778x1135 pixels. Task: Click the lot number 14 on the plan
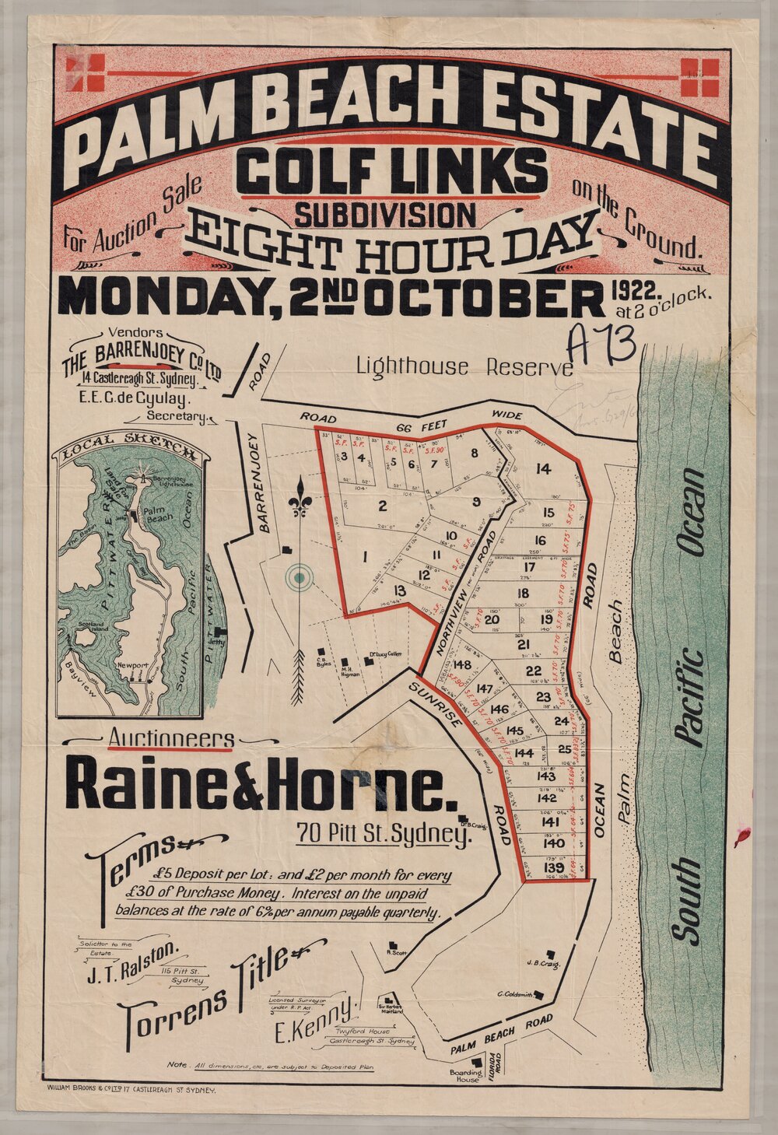pyautogui.click(x=543, y=468)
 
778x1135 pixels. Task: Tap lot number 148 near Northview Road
pyautogui.click(x=462, y=664)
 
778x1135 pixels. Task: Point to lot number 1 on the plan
pyautogui.click(x=364, y=555)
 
